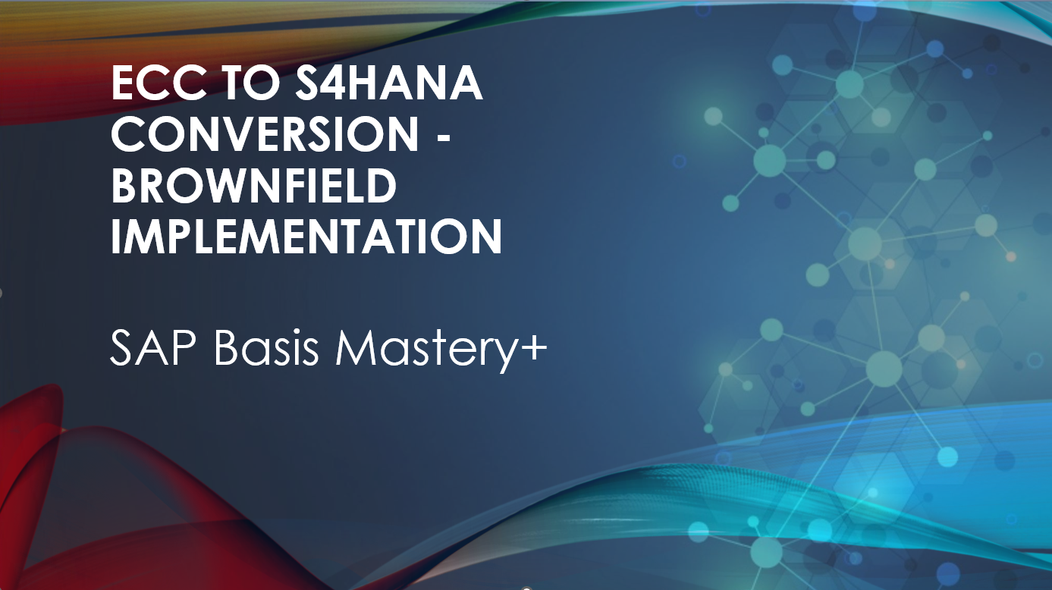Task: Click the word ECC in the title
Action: pyautogui.click(x=159, y=83)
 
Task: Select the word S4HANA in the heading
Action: pyautogui.click(x=389, y=83)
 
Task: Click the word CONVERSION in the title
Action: pyautogui.click(x=265, y=134)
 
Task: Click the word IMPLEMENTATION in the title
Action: pyautogui.click(x=306, y=237)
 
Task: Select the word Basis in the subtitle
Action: pyautogui.click(x=266, y=348)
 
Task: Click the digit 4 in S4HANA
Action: pyautogui.click(x=342, y=83)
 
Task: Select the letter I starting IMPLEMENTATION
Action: pyautogui.click(x=117, y=237)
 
